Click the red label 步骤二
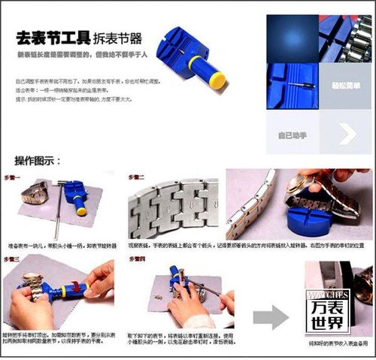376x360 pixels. tap(136, 176)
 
